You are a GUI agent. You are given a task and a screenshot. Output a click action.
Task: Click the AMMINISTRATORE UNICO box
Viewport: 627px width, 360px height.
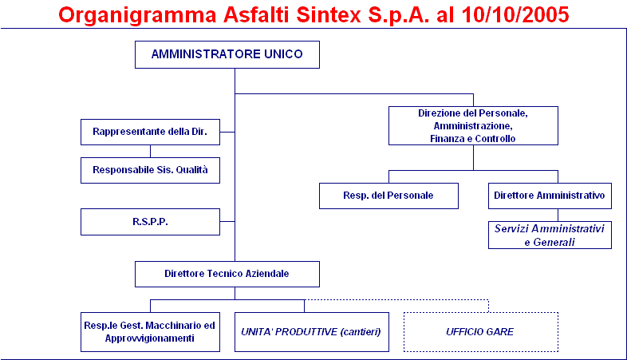pos(227,54)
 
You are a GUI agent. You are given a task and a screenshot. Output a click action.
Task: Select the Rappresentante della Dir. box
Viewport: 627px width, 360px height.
pos(150,132)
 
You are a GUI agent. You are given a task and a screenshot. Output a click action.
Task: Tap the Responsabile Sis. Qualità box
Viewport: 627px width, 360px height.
pos(150,170)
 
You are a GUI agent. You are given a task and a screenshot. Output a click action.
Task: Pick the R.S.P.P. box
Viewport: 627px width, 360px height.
pos(150,222)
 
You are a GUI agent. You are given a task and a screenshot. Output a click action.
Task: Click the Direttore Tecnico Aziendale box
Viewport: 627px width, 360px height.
pos(227,274)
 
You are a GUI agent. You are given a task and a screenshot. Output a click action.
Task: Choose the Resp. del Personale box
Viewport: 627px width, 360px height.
pos(388,196)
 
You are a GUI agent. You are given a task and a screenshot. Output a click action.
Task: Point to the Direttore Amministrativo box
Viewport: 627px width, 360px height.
pos(550,196)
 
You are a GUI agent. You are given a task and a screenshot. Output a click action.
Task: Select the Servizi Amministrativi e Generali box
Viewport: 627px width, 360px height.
pos(550,235)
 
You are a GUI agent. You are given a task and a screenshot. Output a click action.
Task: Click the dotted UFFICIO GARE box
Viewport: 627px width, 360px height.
pos(481,332)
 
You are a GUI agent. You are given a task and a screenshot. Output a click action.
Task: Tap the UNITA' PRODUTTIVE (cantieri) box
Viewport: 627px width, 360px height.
pos(312,332)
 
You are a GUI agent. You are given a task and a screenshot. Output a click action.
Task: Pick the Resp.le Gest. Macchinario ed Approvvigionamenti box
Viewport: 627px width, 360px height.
pos(150,332)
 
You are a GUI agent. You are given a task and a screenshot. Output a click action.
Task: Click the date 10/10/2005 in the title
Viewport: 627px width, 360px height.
pos(515,15)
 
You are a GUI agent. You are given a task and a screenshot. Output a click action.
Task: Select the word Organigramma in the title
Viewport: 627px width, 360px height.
pos(137,16)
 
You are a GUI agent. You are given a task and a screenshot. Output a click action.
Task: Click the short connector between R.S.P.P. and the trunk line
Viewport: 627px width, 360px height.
pos(227,221)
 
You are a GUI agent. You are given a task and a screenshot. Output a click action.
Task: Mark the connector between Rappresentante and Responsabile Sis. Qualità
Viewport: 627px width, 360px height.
pos(150,151)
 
